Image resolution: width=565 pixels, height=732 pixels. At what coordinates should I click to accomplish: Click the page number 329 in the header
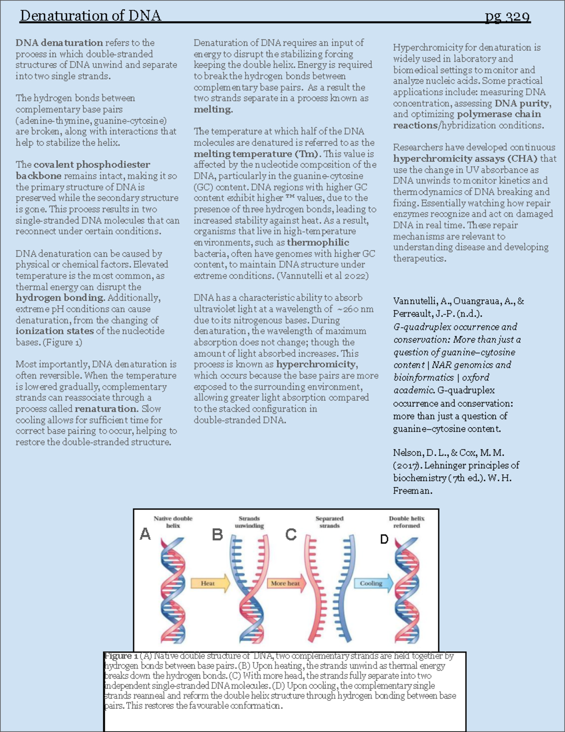pos(508,16)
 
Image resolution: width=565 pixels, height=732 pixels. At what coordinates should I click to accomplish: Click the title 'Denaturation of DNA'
pos(90,16)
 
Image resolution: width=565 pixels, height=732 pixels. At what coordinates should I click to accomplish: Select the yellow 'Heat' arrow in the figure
pos(210,583)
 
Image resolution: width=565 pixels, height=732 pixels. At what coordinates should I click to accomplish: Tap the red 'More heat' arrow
pos(286,583)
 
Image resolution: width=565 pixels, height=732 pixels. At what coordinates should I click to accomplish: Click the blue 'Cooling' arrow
pos(373,583)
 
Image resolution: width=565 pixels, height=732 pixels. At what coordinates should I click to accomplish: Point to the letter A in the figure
pos(145,534)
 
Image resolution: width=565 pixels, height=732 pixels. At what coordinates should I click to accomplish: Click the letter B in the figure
pos(217,535)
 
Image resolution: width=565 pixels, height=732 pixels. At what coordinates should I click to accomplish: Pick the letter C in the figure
pos(291,535)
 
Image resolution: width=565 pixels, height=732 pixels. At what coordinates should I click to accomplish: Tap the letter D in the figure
pos(384,539)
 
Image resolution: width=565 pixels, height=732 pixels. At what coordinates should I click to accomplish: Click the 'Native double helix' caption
pos(173,522)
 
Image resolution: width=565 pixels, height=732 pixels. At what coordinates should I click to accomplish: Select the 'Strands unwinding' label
pos(249,522)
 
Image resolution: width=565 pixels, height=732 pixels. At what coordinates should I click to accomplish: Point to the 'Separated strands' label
pos(329,522)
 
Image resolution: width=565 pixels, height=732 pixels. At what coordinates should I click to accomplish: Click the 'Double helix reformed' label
pos(406,522)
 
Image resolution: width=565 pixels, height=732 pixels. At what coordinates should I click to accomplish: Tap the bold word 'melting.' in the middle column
pos(213,109)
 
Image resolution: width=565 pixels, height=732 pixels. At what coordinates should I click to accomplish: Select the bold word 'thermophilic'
pos(318,242)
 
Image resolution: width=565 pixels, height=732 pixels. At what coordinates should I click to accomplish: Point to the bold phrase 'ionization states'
pos(55,331)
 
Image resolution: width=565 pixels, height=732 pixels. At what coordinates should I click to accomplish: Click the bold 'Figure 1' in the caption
pos(121,656)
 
